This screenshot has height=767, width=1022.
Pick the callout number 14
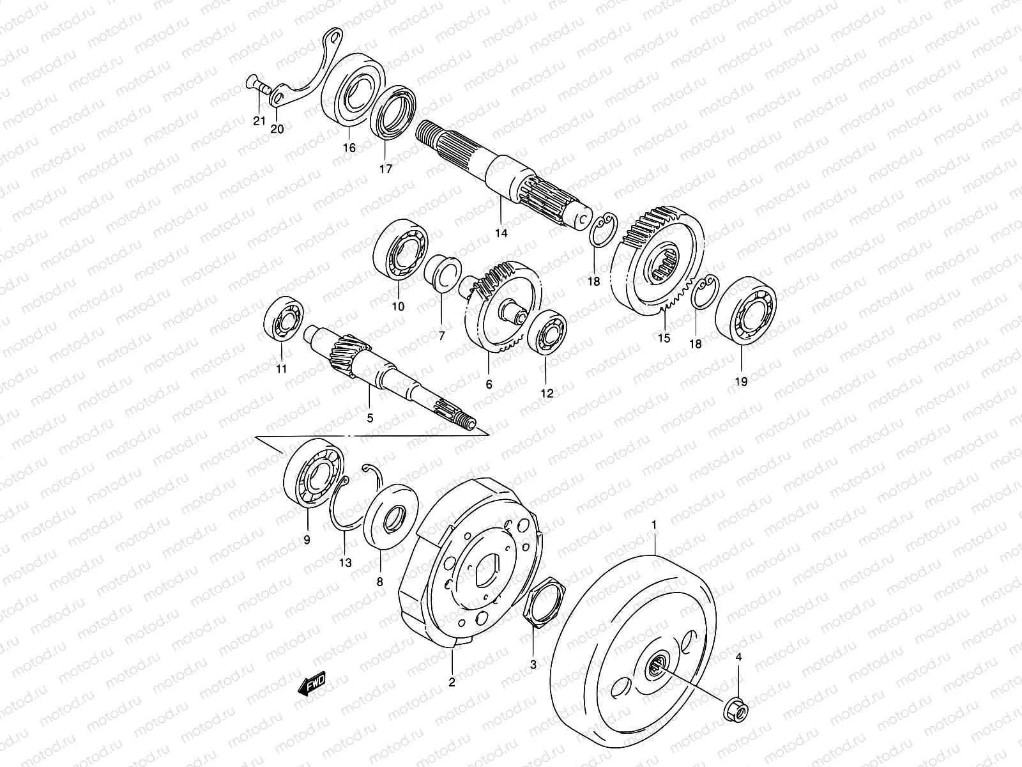(501, 233)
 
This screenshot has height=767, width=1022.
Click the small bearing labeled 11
(282, 318)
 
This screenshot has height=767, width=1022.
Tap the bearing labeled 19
(745, 311)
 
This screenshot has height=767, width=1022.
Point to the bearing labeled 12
(545, 332)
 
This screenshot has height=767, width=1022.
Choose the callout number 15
(664, 338)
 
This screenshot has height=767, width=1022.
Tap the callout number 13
(346, 562)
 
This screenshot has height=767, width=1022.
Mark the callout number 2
(452, 682)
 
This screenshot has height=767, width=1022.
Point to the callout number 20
(277, 128)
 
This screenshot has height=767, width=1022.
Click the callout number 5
(369, 418)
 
